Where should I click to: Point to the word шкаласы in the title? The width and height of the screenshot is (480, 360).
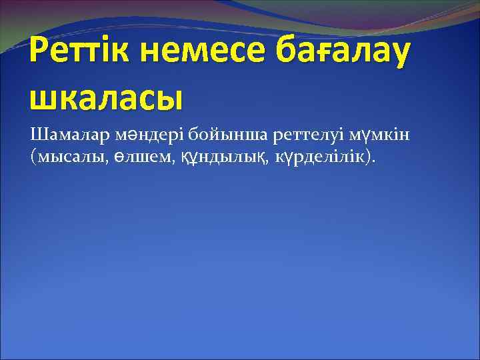(106, 99)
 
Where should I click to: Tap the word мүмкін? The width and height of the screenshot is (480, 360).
(380, 136)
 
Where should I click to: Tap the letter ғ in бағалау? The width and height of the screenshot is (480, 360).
(329, 53)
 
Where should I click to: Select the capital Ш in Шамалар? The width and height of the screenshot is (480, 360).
(37, 136)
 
